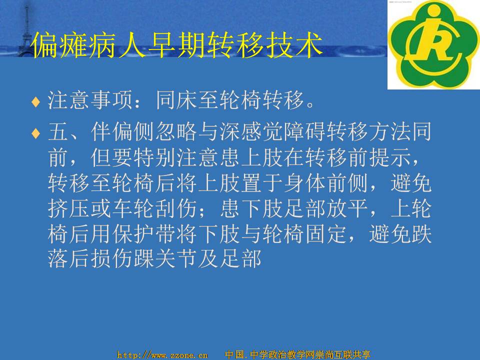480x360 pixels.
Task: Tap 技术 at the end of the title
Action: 296,45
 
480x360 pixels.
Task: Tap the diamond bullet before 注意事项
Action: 36,101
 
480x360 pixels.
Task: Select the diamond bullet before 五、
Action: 36,133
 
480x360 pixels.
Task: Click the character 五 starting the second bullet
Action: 58,131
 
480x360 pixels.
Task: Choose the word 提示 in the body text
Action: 390,157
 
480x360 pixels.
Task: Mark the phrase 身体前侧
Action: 326,183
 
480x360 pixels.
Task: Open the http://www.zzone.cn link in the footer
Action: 162,355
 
